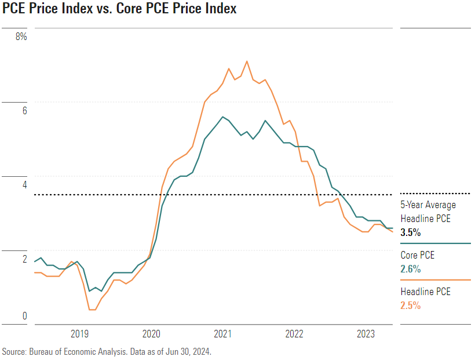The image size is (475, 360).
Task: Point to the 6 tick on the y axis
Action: pyautogui.click(x=24, y=110)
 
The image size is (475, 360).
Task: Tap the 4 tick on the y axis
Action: pyautogui.click(x=24, y=184)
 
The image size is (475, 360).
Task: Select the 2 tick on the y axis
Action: pyautogui.click(x=24, y=259)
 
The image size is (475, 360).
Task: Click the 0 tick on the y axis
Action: pyautogui.click(x=24, y=316)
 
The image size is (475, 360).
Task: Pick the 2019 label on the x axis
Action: pyautogui.click(x=79, y=334)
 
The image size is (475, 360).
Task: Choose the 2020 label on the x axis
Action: pyautogui.click(x=151, y=334)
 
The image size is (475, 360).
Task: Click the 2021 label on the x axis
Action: pyautogui.click(x=223, y=334)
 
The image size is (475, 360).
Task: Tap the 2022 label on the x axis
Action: pyautogui.click(x=295, y=334)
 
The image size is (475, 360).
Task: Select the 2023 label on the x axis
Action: pyautogui.click(x=366, y=334)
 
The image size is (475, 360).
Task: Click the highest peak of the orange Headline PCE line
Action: pyautogui.click(x=247, y=61)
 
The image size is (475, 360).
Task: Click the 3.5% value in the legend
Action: pyautogui.click(x=411, y=232)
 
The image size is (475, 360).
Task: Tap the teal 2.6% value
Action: pyautogui.click(x=411, y=269)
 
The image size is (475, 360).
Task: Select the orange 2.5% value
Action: pyautogui.click(x=411, y=306)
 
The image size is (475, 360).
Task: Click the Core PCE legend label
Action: pyautogui.click(x=418, y=255)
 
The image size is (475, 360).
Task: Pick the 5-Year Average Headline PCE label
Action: pyautogui.click(x=428, y=212)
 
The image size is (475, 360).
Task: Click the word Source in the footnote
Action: pyautogui.click(x=14, y=351)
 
